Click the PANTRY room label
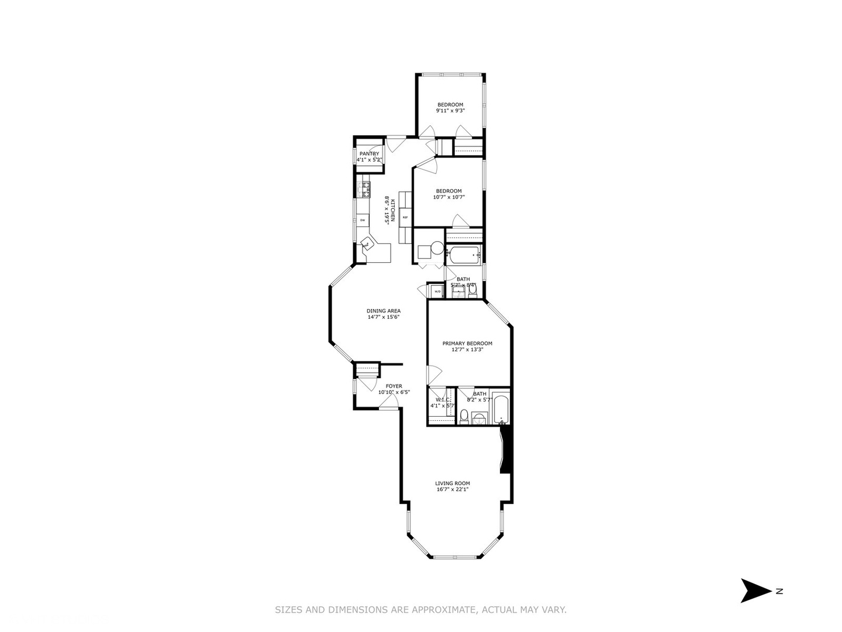[369, 154]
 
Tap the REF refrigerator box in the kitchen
[405, 217]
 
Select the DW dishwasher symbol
[363, 220]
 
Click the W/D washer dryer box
[437, 291]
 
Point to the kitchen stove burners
[364, 189]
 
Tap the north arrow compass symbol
[755, 590]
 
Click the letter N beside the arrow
[779, 591]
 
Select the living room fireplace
[506, 449]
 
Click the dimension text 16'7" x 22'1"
[453, 490]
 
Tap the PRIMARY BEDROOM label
[467, 344]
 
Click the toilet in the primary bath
[464, 416]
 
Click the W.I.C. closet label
[441, 400]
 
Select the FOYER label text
[394, 386]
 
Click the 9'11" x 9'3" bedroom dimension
[450, 111]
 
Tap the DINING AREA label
[384, 311]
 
